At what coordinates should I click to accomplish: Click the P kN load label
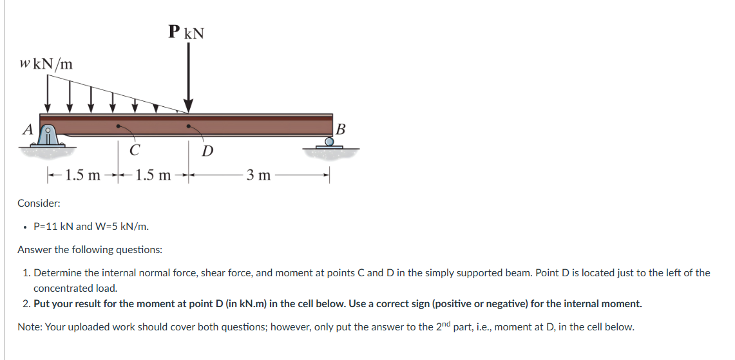pos(186,32)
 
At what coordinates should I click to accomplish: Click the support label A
pos(27,129)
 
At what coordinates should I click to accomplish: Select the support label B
pos(341,128)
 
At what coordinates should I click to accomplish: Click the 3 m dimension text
pos(259,175)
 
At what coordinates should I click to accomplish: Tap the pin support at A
pos(49,137)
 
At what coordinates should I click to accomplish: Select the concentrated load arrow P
pos(188,77)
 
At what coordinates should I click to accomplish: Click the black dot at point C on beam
pos(118,126)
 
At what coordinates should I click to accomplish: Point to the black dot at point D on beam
pos(188,126)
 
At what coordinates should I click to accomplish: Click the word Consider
pos(39,204)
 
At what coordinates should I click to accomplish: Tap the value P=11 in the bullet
pos(46,226)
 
